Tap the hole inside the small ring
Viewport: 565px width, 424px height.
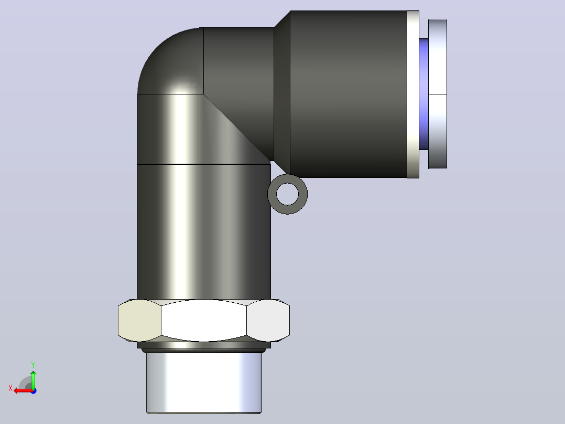coord(288,194)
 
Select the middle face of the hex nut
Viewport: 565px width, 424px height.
coord(204,321)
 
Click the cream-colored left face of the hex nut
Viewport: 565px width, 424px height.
coord(139,321)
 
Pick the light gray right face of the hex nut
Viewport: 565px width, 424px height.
coord(268,321)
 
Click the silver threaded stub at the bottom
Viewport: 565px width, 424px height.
coord(204,383)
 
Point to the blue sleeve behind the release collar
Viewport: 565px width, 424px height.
coord(423,94)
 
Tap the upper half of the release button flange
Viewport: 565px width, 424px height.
coord(438,57)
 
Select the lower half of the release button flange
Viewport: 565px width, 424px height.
coord(438,131)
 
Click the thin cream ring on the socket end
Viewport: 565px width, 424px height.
coord(413,94)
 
